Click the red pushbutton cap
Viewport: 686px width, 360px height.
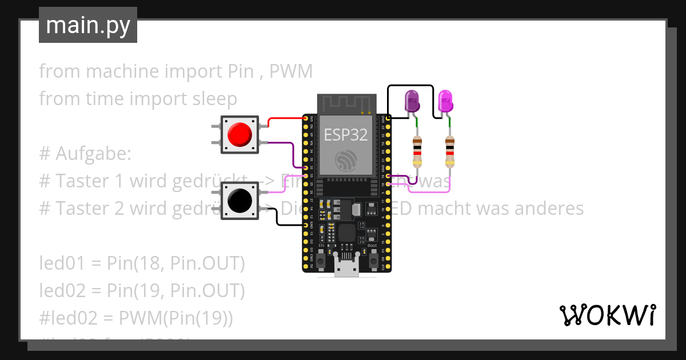click(x=239, y=135)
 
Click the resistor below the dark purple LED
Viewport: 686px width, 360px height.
click(x=417, y=151)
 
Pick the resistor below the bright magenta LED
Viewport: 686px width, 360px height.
click(x=450, y=151)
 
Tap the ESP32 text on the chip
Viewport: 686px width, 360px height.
click(x=346, y=134)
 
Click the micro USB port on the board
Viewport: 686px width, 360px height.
click(x=346, y=267)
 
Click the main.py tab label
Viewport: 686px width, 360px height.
click(x=88, y=25)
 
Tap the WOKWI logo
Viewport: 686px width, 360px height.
click(x=607, y=315)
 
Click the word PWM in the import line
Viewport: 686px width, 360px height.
click(x=291, y=71)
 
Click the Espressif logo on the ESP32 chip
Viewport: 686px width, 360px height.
click(x=346, y=161)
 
